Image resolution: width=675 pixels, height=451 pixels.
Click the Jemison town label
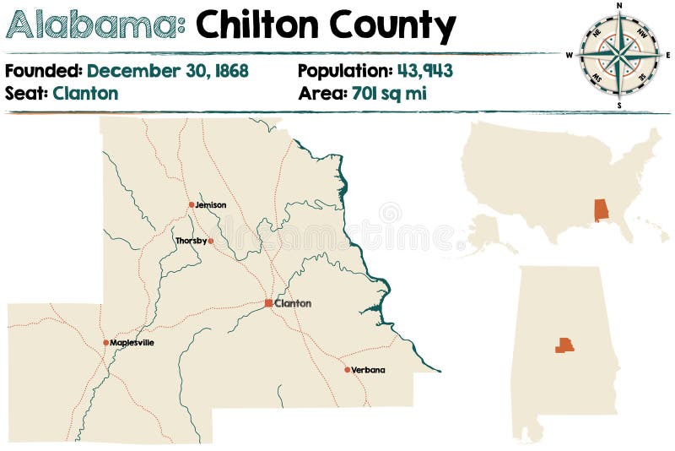[210, 205]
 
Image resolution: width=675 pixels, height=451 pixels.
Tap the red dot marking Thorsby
[211, 241]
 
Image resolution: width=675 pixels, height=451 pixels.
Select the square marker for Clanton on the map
[268, 302]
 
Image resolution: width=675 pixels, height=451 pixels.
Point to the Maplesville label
[132, 343]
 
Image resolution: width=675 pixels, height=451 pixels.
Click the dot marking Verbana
[347, 369]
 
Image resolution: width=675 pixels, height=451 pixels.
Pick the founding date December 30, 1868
[168, 71]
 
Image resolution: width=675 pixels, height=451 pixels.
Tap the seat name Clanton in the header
[85, 93]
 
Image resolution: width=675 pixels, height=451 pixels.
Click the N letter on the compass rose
[619, 6]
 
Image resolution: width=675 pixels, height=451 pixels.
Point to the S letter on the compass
[619, 106]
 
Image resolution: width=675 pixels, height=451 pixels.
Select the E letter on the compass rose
[668, 56]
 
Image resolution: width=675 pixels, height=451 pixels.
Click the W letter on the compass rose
[570, 56]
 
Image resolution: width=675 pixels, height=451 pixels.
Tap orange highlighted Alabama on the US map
[602, 209]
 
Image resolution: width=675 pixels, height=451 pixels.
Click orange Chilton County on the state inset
[564, 345]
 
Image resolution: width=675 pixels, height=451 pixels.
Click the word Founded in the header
[43, 71]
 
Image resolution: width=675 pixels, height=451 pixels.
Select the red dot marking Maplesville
[106, 343]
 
